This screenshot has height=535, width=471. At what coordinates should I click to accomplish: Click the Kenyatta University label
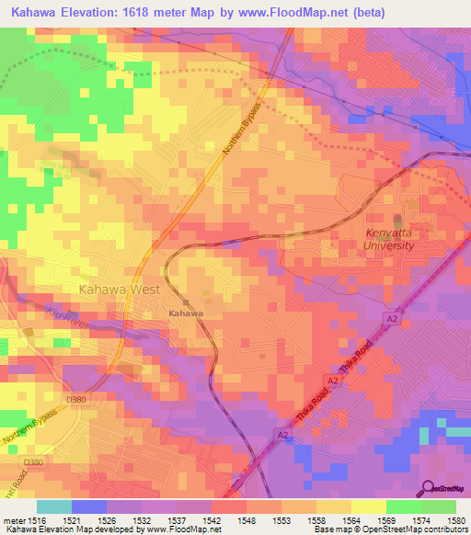click(x=396, y=240)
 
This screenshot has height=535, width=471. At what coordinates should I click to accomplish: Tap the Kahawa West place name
click(x=120, y=289)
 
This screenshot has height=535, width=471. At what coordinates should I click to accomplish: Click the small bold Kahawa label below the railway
click(x=185, y=313)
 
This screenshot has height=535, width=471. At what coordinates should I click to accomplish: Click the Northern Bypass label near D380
click(x=32, y=428)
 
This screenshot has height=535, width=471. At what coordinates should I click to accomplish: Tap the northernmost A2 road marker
click(x=392, y=317)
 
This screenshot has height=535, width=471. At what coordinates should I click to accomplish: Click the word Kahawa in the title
click(x=42, y=12)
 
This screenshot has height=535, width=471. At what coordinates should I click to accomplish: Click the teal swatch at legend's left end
click(x=54, y=507)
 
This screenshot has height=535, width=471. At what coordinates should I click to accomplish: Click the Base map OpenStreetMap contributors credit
click(x=389, y=529)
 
